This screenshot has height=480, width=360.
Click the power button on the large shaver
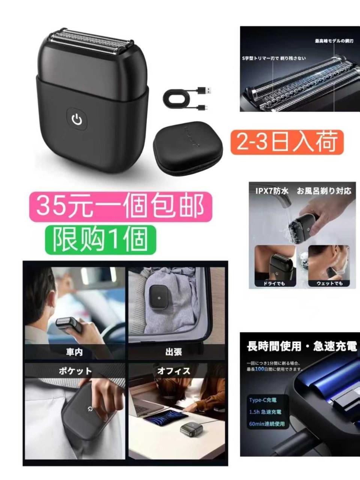77,120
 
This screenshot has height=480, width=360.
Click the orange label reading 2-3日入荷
287,142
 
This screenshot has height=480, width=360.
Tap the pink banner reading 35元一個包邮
121,207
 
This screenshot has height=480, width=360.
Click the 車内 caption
74,352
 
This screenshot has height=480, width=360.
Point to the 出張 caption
174,352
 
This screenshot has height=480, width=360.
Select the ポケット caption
75,371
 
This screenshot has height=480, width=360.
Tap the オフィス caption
174,371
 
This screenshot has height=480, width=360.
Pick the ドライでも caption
274,283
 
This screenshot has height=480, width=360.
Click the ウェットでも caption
329,283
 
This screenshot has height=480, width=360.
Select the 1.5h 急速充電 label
265,412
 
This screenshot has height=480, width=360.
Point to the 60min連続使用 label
267,424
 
